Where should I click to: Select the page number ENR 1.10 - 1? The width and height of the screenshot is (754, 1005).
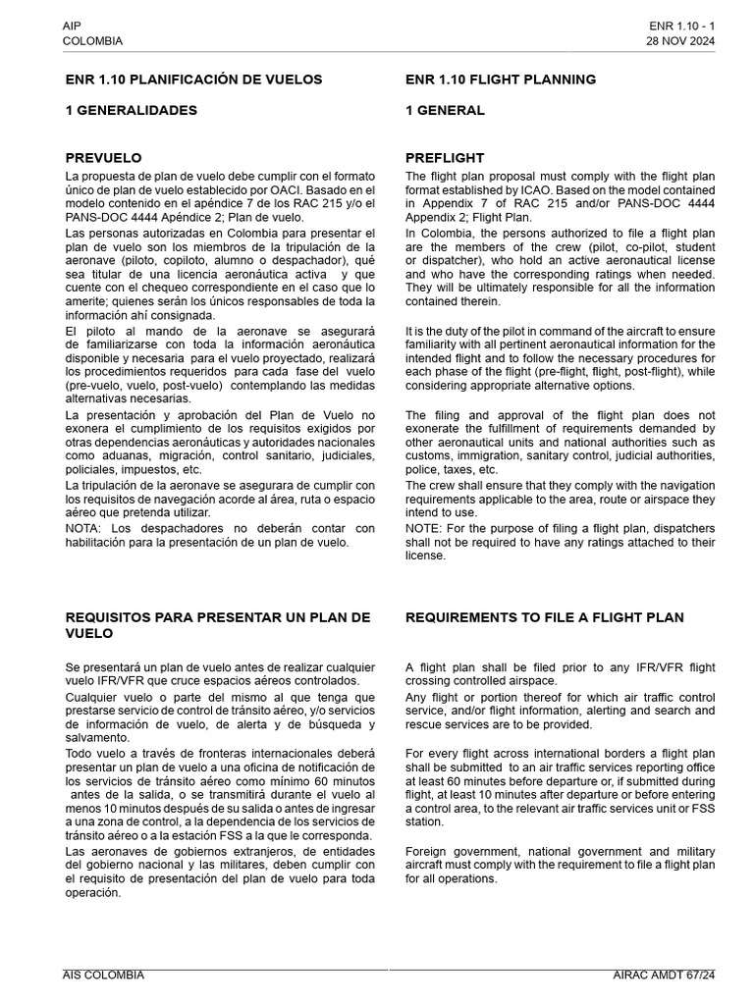tap(681, 26)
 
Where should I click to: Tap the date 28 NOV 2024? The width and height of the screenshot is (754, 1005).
tap(680, 41)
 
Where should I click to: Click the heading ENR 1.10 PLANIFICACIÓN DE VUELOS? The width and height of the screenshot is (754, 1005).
tap(193, 79)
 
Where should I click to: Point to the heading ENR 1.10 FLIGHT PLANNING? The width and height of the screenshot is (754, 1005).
tap(501, 79)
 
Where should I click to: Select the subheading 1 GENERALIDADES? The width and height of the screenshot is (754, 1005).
tap(131, 111)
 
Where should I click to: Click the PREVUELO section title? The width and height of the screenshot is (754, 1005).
tap(103, 158)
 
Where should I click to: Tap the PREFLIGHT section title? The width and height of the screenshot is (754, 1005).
tap(445, 158)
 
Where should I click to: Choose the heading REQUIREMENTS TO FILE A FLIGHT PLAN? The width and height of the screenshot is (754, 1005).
tap(545, 617)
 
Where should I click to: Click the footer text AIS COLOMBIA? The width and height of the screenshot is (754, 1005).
tap(103, 975)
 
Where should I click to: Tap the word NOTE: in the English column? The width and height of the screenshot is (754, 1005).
tap(425, 528)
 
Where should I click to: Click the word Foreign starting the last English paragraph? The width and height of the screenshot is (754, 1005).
tap(429, 851)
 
